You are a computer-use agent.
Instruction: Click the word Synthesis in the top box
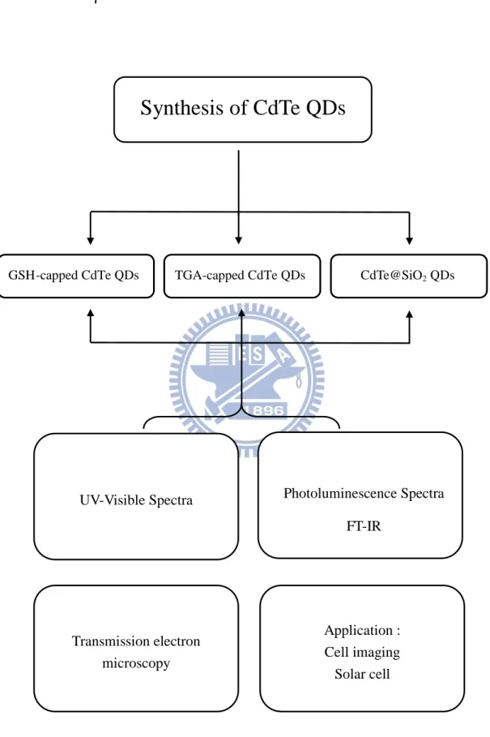[x=181, y=109]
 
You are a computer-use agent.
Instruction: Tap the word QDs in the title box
[x=326, y=108]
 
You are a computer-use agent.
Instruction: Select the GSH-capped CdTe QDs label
[x=74, y=276]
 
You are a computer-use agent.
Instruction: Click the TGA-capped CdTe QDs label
[x=240, y=276]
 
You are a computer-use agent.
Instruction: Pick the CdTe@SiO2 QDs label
[x=407, y=276]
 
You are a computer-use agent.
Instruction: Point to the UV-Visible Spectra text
[x=136, y=500]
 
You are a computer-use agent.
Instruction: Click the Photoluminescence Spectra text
[x=364, y=494]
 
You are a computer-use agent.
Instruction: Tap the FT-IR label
[x=364, y=526]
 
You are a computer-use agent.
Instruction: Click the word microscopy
[x=136, y=664]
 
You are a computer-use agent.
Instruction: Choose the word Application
[x=359, y=630]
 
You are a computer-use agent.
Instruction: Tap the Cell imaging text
[x=362, y=653]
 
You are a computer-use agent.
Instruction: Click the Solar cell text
[x=362, y=674]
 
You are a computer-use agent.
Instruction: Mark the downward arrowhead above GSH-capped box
[x=91, y=241]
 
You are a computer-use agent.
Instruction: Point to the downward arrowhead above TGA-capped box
[x=238, y=241]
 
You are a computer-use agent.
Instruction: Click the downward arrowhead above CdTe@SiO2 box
[x=409, y=241]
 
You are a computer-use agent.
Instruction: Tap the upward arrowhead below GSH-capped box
[x=91, y=314]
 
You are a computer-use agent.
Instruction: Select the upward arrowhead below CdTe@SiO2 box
[x=409, y=315]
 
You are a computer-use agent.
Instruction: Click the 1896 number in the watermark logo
[x=266, y=411]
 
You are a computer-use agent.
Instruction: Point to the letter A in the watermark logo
[x=284, y=358]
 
